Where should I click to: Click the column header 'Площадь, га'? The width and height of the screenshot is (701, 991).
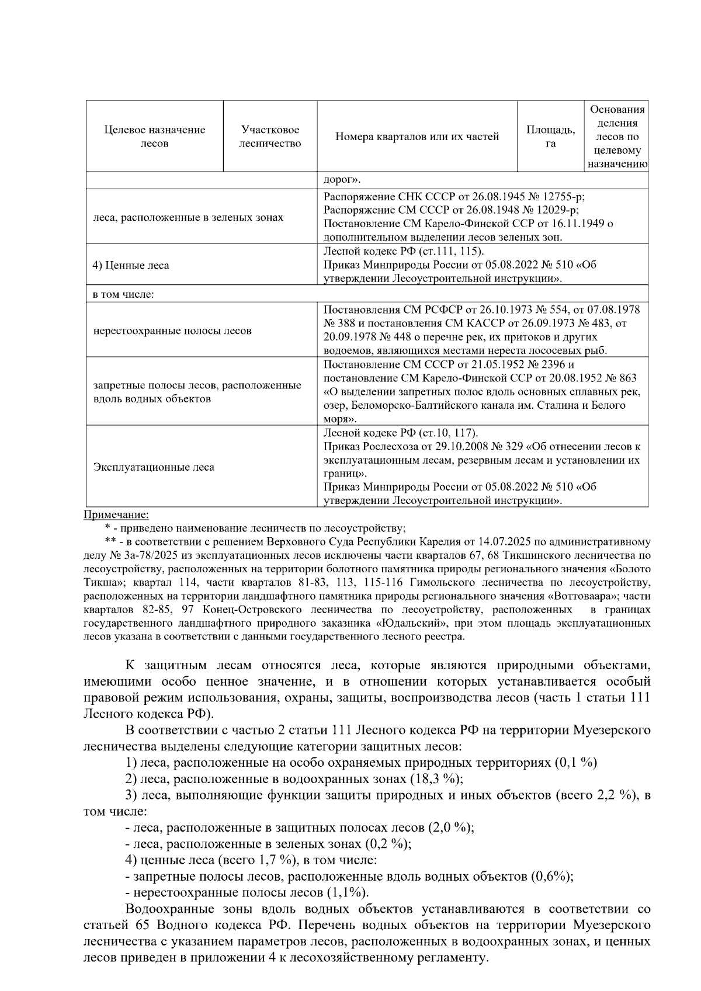click(550, 137)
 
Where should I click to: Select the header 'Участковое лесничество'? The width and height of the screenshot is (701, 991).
click(270, 137)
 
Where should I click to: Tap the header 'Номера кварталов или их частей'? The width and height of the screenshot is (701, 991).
click(417, 137)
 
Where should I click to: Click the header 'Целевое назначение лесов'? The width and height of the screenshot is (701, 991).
click(155, 137)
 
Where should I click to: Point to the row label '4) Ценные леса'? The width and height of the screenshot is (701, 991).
click(131, 265)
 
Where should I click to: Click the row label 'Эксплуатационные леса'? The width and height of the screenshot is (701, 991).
click(154, 467)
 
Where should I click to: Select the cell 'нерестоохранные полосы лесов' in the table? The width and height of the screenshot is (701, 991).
click(172, 331)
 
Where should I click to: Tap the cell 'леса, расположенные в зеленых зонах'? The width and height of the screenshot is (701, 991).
click(188, 217)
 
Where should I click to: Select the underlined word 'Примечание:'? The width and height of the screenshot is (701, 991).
click(116, 514)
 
